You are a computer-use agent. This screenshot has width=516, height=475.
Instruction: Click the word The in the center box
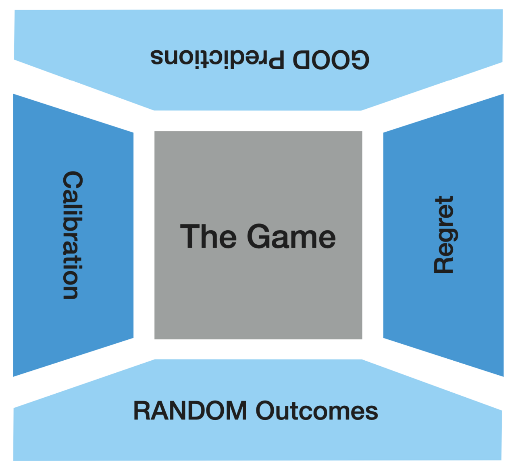[x=208, y=236]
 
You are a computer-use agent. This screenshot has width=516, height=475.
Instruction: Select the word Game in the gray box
[x=291, y=236]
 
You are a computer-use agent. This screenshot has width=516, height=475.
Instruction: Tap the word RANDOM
[x=190, y=411]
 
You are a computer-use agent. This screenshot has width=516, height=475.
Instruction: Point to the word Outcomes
[x=317, y=411]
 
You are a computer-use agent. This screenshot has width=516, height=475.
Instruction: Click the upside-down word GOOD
[x=331, y=60]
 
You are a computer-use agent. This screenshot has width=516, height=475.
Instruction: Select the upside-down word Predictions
[x=217, y=58]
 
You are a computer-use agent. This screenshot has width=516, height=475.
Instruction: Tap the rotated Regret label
[x=444, y=235]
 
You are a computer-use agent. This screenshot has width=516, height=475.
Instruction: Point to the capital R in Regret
[x=444, y=265]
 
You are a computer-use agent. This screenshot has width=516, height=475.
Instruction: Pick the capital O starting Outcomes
[x=266, y=411]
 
